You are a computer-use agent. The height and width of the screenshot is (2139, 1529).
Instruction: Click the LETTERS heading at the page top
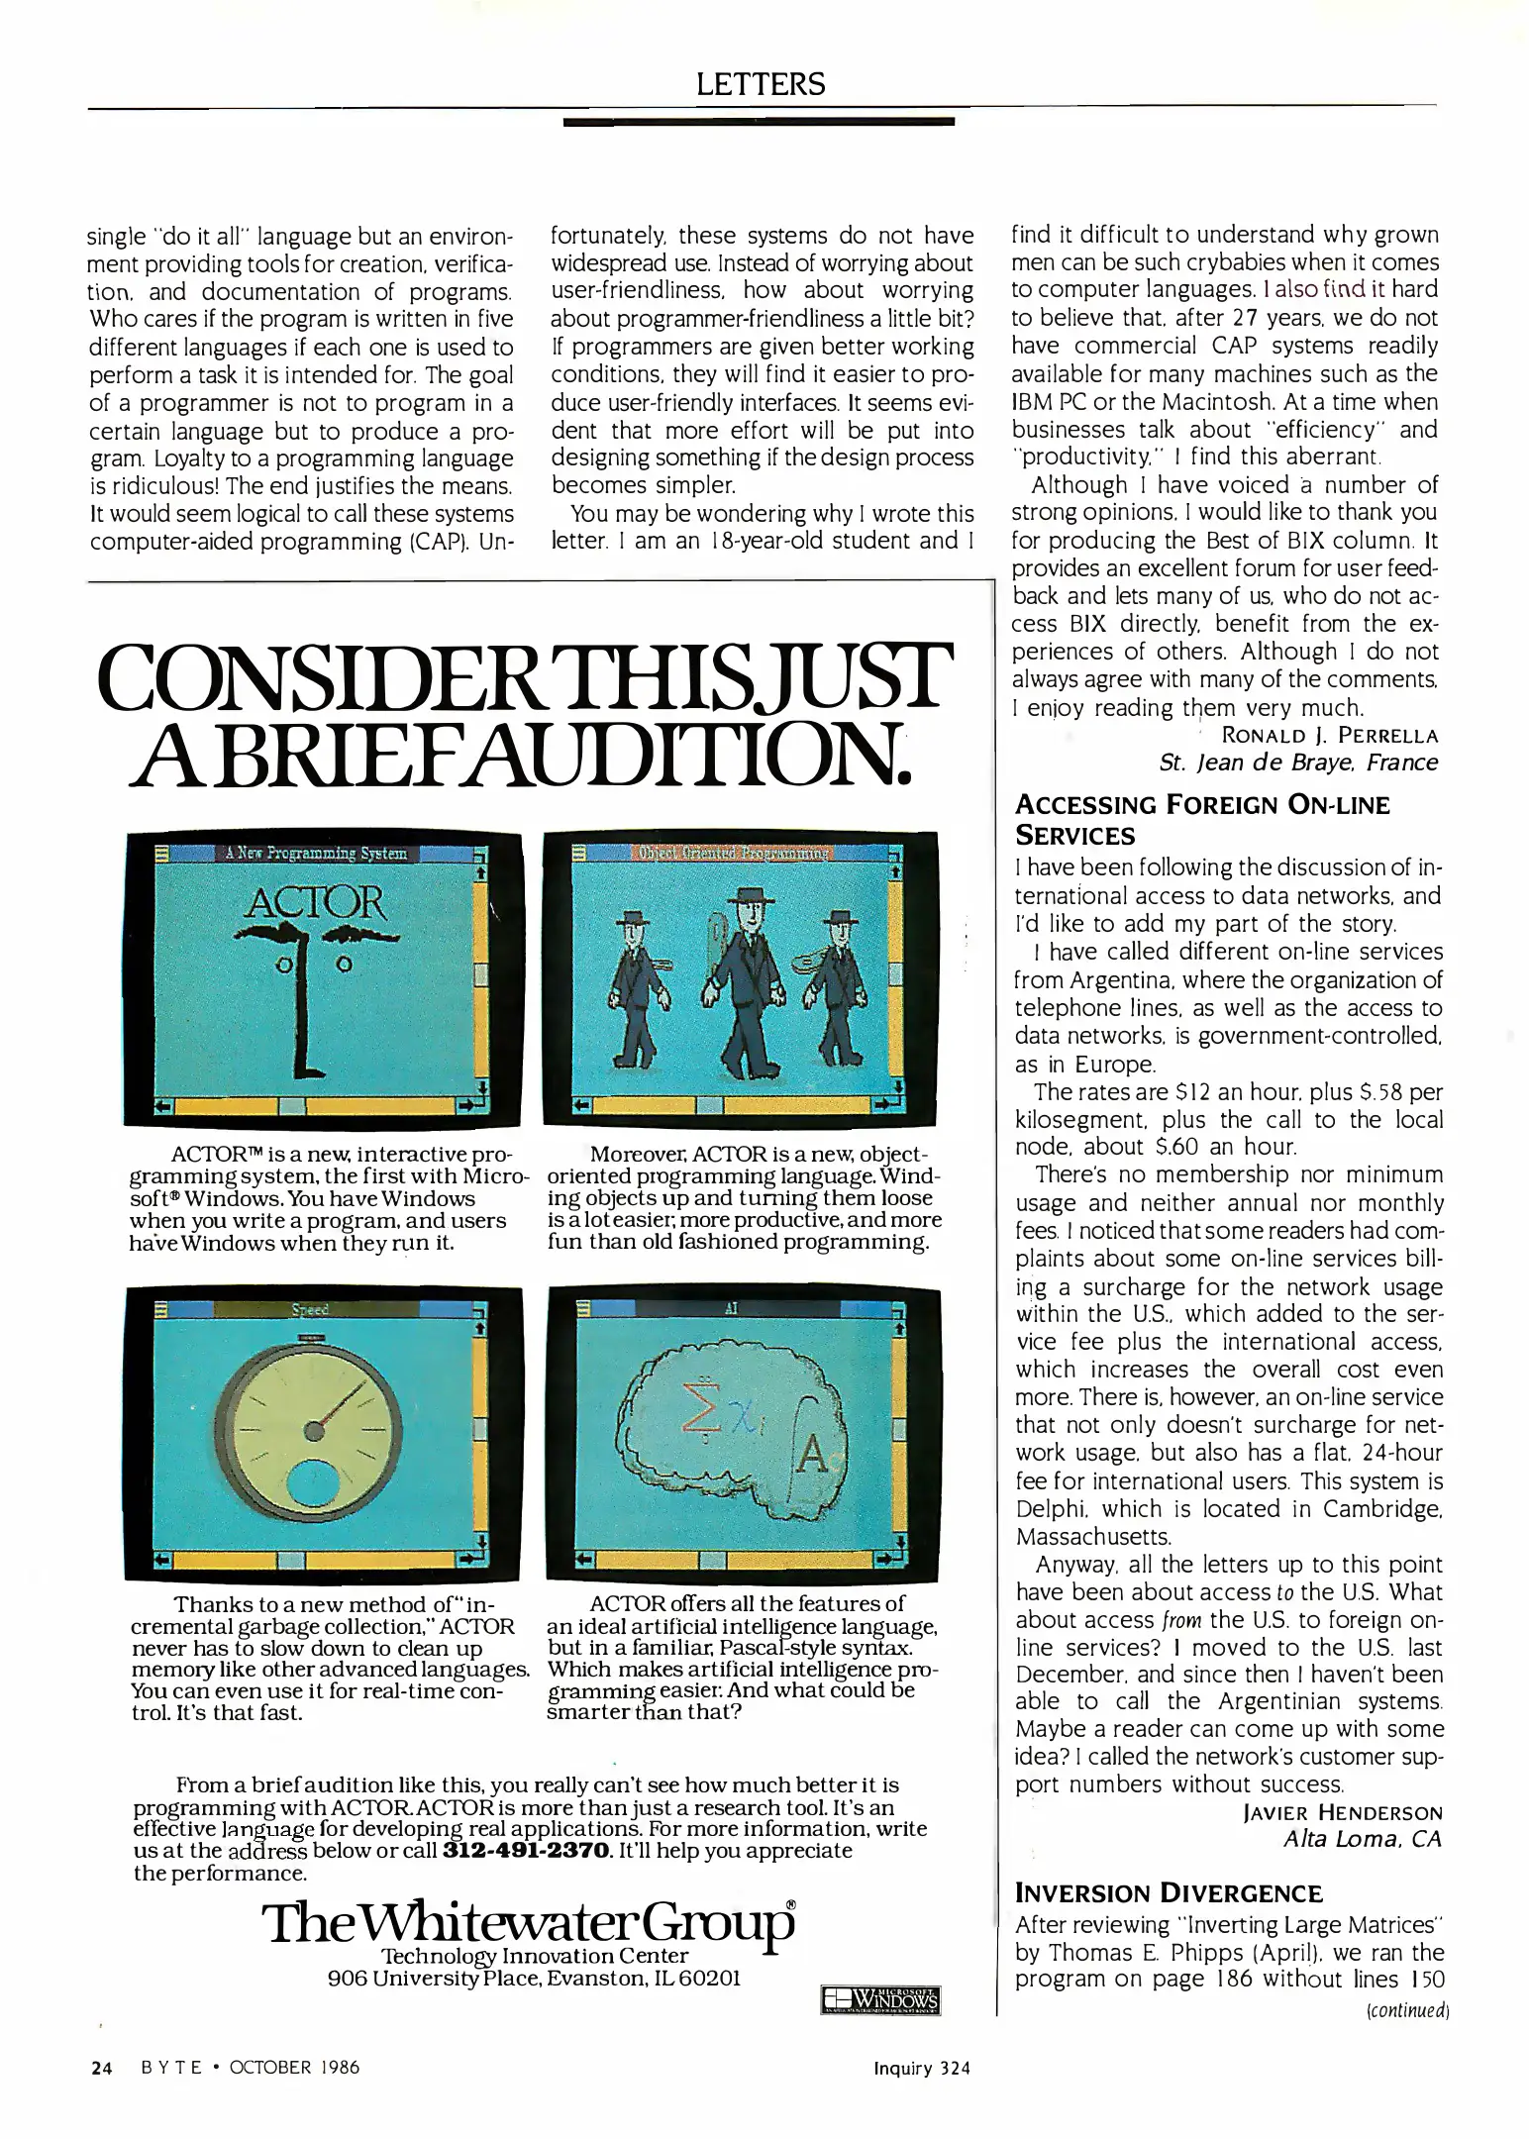click(x=760, y=84)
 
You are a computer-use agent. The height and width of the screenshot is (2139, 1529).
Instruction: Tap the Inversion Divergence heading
click(x=1169, y=1893)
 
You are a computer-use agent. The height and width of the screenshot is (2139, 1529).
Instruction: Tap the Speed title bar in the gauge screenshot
click(x=309, y=1309)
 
